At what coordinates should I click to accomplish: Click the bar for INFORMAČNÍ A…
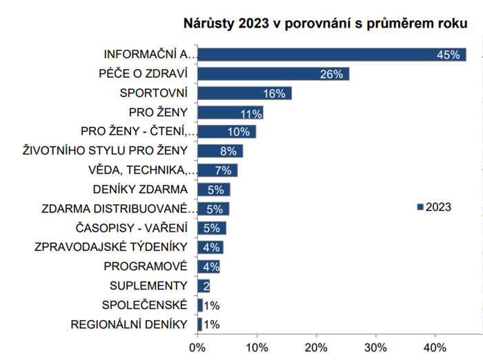pos(331,54)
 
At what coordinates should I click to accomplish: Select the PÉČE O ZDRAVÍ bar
pos(273,74)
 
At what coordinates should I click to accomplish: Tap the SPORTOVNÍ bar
pos(244,93)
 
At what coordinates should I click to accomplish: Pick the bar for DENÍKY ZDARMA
pos(213,190)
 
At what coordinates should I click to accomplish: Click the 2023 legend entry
pos(434,206)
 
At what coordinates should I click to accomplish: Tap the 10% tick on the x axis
pos(257,346)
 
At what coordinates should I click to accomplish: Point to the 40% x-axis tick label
pos(435,346)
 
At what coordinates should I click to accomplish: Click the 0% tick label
pos(197,346)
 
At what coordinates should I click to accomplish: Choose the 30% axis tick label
pos(376,346)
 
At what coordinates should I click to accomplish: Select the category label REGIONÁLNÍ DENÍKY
pos(130,324)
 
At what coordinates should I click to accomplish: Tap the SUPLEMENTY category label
pos(148,286)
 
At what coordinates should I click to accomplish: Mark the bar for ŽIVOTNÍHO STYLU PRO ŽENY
pos(220,151)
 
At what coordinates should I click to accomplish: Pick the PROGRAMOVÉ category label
pos(146,266)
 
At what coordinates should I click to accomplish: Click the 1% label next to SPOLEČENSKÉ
pos(212,306)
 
